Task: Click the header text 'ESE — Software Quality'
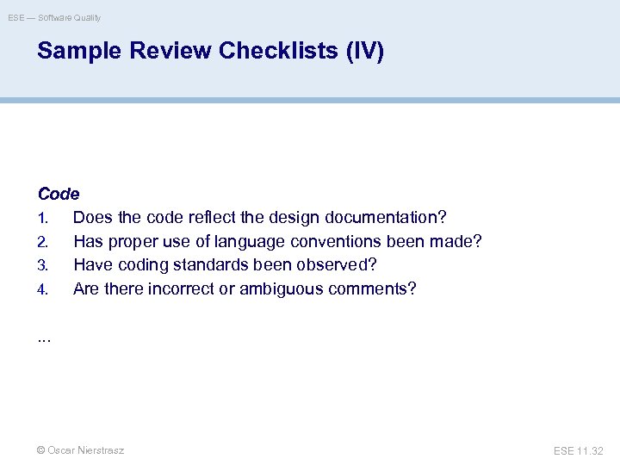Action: coord(54,17)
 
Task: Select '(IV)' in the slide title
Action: coord(364,52)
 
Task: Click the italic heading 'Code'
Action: coord(59,195)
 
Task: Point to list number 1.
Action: coord(41,219)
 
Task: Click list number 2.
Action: coord(41,242)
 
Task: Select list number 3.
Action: coord(41,265)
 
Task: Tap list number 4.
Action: coord(41,288)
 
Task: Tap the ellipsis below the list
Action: coord(44,338)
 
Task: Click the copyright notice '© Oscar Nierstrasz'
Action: coord(80,450)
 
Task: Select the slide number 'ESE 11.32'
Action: coord(579,450)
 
